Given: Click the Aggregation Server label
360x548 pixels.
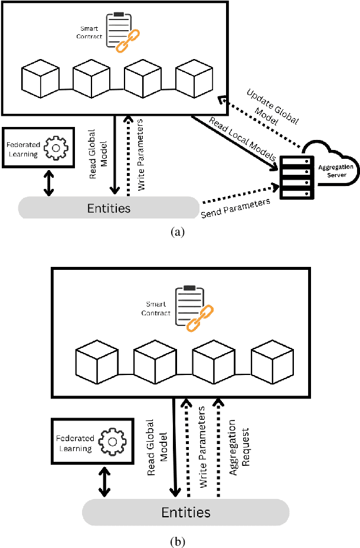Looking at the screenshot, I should click(336, 171).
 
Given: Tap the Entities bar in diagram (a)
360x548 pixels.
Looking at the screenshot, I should click(109, 208).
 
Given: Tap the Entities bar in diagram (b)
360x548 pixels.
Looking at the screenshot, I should click(185, 511).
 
